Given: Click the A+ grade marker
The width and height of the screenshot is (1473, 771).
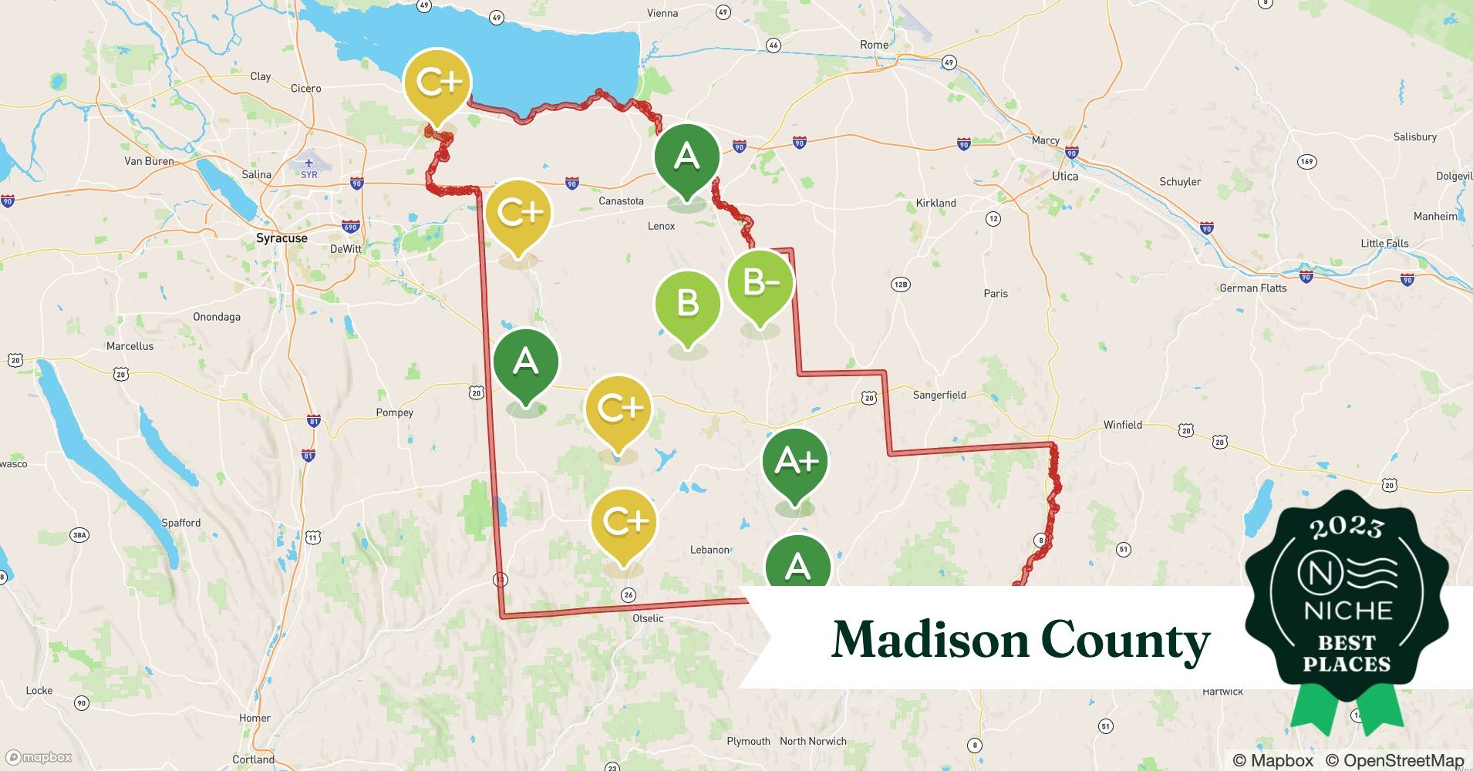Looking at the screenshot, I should point(795,461).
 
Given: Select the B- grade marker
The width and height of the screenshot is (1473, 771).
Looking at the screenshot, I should point(760,283).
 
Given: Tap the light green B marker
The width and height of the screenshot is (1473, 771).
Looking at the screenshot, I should point(687,303).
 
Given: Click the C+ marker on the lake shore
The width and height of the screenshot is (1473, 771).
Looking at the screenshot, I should point(438,82).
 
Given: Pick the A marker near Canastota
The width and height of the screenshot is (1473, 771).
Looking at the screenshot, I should point(686,157).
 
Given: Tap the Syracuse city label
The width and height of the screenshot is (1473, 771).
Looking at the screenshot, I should point(281,238).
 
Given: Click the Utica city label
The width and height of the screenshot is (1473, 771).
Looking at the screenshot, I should point(1065,176).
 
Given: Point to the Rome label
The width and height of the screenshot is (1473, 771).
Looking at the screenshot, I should point(874,45).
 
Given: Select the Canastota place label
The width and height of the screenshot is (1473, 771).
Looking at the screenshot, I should point(621,201).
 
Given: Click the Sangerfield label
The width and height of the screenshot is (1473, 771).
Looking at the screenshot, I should point(939,395).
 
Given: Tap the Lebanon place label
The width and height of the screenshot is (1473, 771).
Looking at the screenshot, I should point(709,550).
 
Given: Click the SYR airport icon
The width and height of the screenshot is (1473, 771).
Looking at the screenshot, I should point(308,163).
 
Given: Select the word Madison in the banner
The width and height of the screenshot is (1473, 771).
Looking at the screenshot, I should point(929,640).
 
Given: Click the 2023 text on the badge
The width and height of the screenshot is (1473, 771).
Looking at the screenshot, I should point(1347,527).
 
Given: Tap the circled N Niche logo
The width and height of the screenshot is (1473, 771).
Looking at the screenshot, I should point(1315,573).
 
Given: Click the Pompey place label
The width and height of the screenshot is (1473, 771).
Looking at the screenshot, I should point(394,412).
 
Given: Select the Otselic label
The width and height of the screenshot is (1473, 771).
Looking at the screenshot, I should point(647,618).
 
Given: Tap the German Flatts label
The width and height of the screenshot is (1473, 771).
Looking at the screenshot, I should point(1252,288).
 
